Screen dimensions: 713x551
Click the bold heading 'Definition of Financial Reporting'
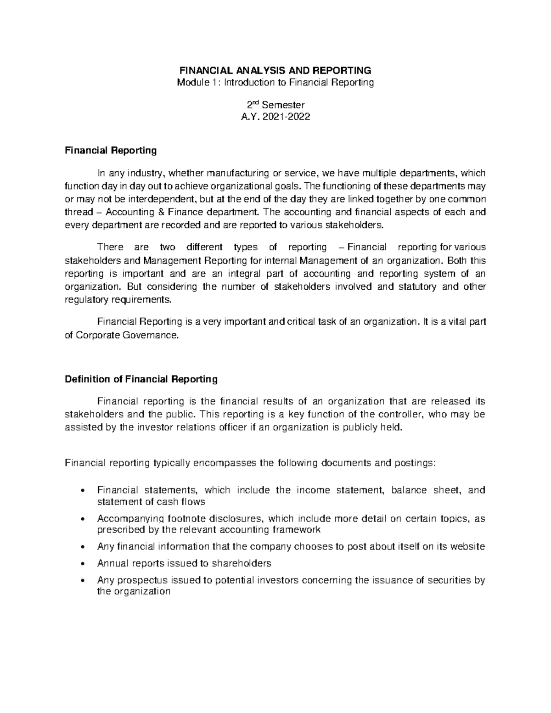(141, 379)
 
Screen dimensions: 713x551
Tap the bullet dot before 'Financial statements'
(82, 491)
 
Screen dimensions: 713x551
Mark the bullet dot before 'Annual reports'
(82, 564)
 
